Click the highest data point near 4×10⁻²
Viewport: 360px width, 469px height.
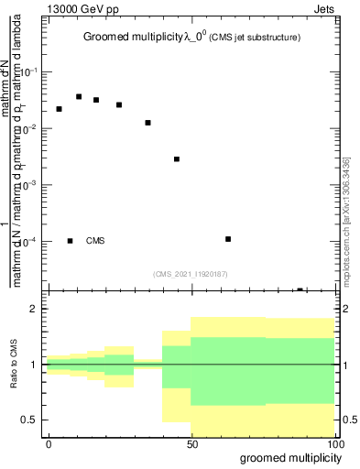pos(79,96)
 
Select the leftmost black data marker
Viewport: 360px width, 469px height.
pos(59,109)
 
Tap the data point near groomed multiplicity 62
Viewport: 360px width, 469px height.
pos(228,239)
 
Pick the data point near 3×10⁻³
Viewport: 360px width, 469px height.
pos(177,159)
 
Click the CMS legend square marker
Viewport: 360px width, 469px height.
pos(70,241)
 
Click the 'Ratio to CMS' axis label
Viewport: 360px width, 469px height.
pos(15,365)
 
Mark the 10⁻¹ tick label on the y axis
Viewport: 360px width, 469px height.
pos(33,71)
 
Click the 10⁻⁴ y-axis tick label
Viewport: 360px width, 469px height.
pos(33,241)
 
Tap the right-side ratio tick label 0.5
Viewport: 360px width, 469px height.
pos(347,420)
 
